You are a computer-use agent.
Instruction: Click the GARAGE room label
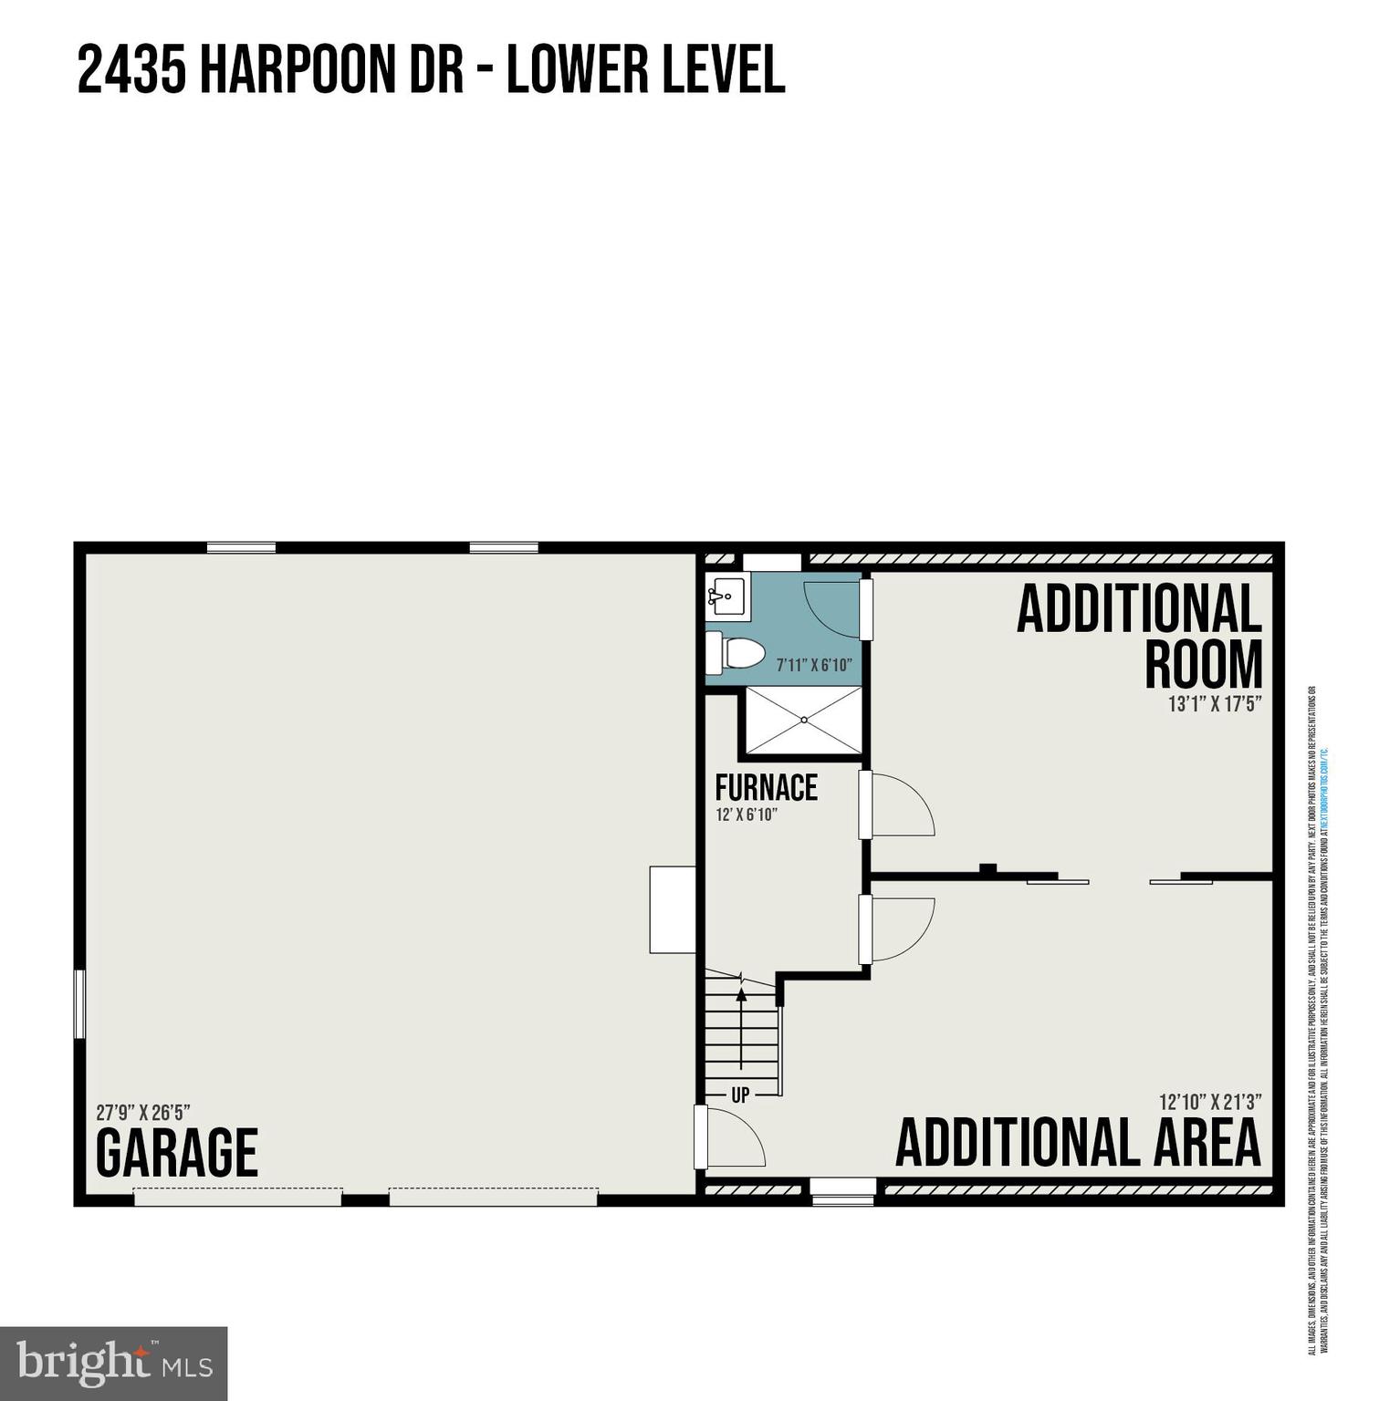click(177, 1152)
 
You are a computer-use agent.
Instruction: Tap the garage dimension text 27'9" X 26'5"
click(142, 1113)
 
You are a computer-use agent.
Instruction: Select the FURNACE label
click(766, 786)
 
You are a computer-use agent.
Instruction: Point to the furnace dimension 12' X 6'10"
click(746, 815)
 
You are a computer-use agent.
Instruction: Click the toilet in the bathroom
click(736, 652)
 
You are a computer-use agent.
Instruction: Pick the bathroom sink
click(727, 598)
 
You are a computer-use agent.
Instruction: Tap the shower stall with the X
click(803, 721)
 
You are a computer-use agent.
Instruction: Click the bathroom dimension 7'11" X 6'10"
click(813, 665)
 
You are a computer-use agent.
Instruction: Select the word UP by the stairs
click(740, 1095)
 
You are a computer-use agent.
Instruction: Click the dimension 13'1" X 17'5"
click(1215, 704)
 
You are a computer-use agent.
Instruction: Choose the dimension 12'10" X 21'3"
click(1210, 1102)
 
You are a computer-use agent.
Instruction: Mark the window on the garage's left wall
click(79, 1003)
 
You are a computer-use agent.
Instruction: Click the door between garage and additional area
click(700, 1136)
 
